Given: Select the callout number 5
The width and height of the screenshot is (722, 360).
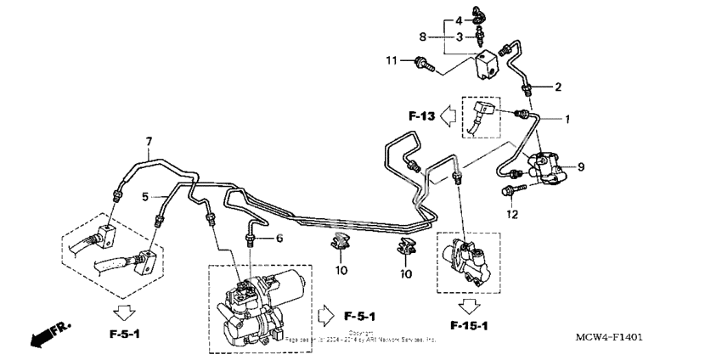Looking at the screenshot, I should (145, 196).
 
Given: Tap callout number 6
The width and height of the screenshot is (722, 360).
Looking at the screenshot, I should (278, 239).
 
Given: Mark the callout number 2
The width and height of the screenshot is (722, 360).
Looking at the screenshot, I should (558, 87).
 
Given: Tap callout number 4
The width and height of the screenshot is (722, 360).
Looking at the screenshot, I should (458, 20).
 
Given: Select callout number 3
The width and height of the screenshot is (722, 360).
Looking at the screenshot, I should (458, 37).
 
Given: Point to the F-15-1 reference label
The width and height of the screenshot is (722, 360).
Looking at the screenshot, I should (470, 326).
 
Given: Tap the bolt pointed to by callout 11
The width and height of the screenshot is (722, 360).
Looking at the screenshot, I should (423, 62).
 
